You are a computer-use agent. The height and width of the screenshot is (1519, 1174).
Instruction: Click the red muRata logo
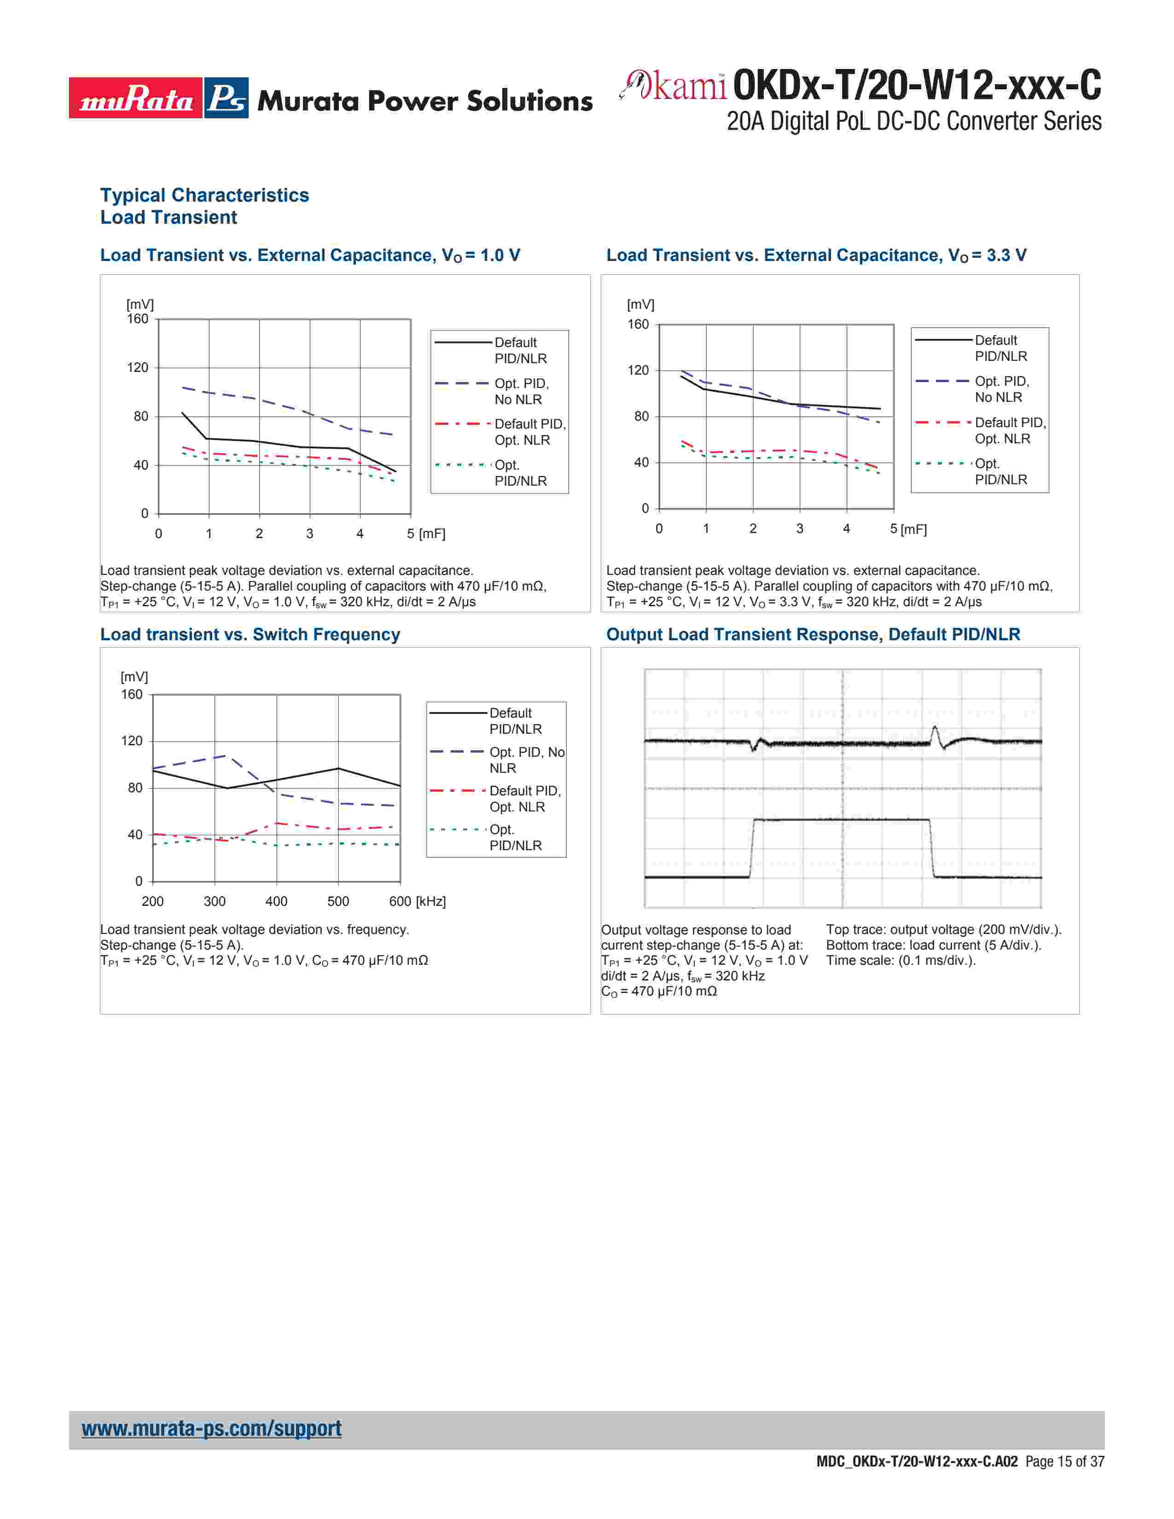pos(136,98)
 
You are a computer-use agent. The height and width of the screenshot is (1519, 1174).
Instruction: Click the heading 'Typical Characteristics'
pos(204,196)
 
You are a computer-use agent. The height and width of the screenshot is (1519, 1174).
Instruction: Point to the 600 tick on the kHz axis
pos(400,901)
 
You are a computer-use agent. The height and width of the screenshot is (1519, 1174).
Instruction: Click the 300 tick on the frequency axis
pos(214,901)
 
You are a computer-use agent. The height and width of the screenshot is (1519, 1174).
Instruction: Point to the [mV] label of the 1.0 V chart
pos(140,305)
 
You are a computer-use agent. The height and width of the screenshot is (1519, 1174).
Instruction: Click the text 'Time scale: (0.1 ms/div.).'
pos(901,961)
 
